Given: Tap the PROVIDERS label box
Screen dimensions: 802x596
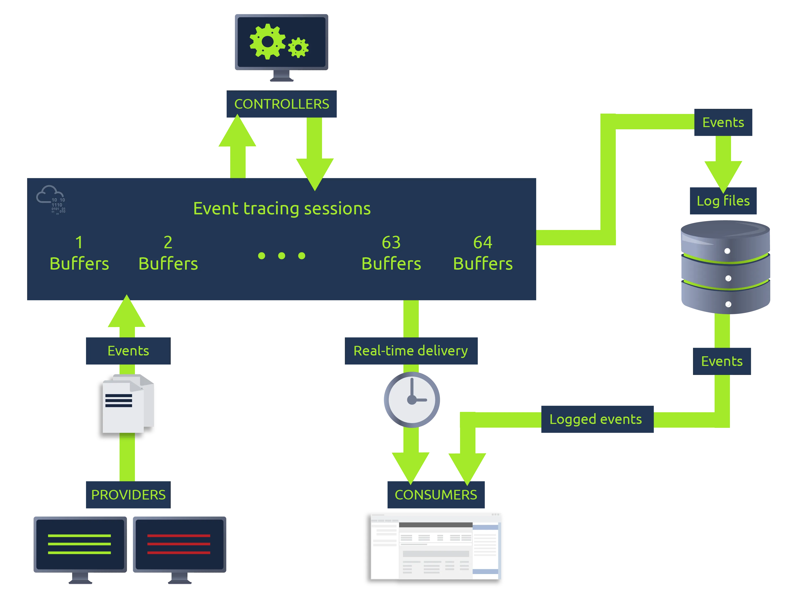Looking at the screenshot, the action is coord(128,495).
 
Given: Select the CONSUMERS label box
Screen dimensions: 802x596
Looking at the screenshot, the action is coord(436,495).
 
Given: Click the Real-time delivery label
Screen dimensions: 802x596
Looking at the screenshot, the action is coord(411,351).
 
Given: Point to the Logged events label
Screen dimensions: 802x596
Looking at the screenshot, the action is coord(597,419).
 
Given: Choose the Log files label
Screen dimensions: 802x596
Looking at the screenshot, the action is coord(723,201).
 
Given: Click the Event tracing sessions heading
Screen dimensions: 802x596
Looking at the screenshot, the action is coord(282,209).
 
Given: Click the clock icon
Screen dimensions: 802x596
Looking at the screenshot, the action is coord(412,400).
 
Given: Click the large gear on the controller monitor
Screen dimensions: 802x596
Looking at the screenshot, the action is coord(268,41).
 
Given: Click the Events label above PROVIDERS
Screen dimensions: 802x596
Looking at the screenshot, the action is coord(128,351).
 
